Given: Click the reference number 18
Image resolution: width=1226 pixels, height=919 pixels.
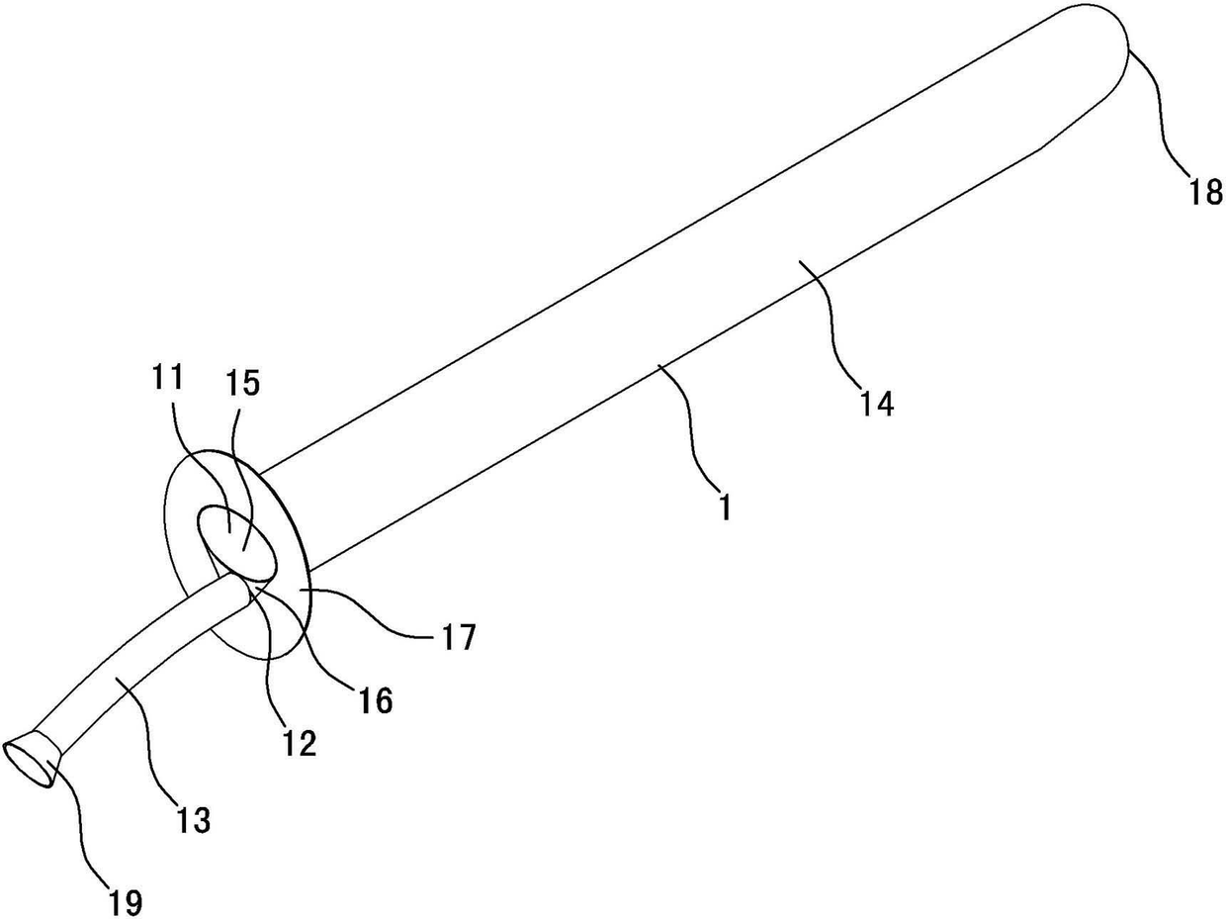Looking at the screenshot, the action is tap(1205, 192).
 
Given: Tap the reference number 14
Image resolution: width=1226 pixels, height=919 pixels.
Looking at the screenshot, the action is tap(877, 404).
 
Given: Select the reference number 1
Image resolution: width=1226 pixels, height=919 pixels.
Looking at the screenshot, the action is tap(725, 507).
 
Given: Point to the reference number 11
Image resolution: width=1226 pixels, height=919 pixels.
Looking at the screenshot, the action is tap(167, 378).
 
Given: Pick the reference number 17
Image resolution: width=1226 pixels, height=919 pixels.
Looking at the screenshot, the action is tap(458, 637).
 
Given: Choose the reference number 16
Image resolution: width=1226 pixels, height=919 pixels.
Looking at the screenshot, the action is tap(376, 700).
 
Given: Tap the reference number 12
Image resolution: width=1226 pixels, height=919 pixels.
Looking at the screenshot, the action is tap(300, 744).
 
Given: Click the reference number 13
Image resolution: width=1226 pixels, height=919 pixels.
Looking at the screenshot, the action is tap(192, 820).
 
